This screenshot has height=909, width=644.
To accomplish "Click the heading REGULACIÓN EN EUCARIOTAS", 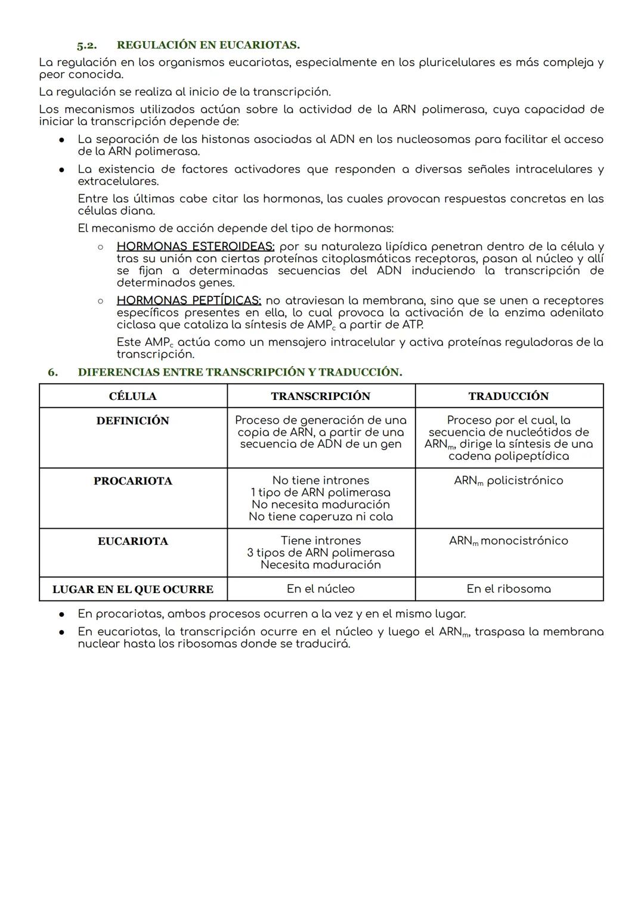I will [x=208, y=45].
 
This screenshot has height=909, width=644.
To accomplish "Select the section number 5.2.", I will [x=86, y=45].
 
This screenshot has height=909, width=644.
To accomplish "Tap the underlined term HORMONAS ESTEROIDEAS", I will [x=196, y=247].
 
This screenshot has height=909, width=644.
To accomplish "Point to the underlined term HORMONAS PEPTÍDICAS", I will [x=189, y=301].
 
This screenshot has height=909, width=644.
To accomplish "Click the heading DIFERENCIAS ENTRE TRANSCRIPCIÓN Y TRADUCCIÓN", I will [x=240, y=373].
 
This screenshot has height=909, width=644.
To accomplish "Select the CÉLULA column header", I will [x=133, y=396].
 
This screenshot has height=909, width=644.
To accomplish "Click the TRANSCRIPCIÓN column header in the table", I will [x=321, y=396].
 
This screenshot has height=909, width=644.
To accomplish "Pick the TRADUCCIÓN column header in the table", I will [x=509, y=396].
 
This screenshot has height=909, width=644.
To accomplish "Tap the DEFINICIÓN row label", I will [x=133, y=421].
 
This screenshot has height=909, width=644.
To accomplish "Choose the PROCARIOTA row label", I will [x=133, y=481].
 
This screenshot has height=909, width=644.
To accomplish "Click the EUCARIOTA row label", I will [x=133, y=541].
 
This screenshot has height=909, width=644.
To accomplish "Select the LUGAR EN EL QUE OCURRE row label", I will [x=133, y=590].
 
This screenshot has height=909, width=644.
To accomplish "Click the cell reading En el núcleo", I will [x=321, y=589].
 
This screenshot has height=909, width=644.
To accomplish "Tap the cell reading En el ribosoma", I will [x=509, y=589].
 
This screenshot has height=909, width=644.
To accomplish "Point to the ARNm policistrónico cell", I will [x=509, y=481].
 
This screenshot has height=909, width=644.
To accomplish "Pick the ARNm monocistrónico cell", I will [x=509, y=541].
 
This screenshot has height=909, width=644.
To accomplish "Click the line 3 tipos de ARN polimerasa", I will [x=321, y=553].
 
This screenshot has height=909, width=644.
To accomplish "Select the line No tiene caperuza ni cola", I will [x=321, y=517].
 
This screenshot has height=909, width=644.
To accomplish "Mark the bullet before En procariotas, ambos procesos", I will [x=62, y=614].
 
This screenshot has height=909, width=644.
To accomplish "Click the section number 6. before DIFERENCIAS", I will [x=53, y=373].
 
